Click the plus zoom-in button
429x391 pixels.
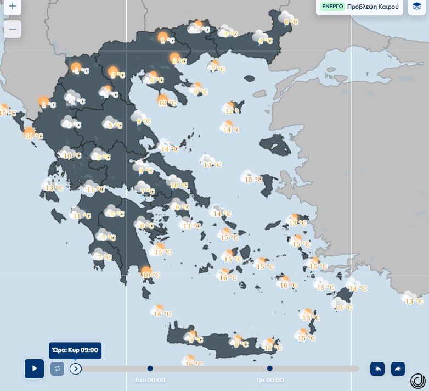13,8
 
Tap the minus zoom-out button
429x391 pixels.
13,29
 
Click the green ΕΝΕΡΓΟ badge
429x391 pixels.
331,7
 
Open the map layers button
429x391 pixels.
417,7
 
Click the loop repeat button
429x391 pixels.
57,368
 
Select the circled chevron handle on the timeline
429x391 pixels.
76,368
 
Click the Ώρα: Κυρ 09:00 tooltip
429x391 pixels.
75,350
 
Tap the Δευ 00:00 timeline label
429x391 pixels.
150,380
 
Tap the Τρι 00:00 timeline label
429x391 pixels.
270,380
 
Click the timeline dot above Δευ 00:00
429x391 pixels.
150,368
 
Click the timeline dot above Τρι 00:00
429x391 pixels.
270,368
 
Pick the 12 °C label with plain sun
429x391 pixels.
167,103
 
